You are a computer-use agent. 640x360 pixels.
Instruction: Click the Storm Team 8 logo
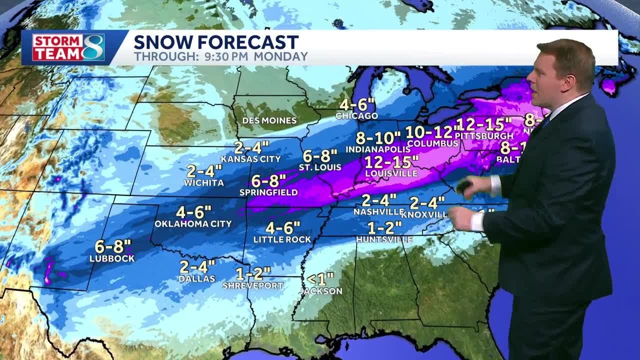(x=68, y=48)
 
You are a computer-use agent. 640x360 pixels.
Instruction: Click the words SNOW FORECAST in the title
(x=216, y=42)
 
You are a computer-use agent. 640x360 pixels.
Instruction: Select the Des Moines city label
(x=269, y=120)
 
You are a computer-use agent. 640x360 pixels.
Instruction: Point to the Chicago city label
(x=356, y=116)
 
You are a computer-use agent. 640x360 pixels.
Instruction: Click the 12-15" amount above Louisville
(x=391, y=162)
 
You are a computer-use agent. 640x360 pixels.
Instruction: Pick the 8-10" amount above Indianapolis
(x=378, y=137)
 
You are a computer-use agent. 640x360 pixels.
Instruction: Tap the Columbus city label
(x=432, y=144)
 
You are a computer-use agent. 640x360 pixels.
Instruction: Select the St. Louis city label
(x=320, y=167)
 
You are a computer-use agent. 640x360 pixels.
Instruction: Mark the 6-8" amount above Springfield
(x=268, y=180)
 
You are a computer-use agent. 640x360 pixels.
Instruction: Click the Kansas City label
(x=250, y=159)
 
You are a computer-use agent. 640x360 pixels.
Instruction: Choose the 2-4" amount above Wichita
(x=204, y=171)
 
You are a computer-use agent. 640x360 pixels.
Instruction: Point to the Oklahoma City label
(x=193, y=223)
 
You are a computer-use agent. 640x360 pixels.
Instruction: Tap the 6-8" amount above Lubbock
(x=112, y=246)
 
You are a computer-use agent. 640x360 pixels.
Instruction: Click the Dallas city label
(x=197, y=279)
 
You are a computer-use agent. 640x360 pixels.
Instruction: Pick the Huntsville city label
(x=384, y=239)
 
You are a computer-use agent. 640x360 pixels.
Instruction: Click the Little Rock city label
(x=282, y=239)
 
